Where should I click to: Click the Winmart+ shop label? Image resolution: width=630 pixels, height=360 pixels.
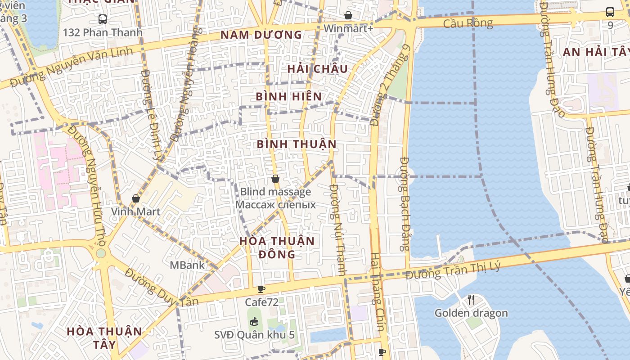click(348, 28)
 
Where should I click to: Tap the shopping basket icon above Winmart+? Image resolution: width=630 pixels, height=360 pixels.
click(348, 15)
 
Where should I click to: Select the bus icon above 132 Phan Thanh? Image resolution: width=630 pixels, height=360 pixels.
click(103, 19)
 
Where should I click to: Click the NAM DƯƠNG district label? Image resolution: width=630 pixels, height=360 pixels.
click(261, 35)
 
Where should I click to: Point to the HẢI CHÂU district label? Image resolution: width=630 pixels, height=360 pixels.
click(318, 69)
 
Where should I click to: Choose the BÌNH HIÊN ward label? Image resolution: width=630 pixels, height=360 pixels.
click(289, 97)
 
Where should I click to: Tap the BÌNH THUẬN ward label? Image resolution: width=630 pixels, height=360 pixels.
click(297, 144)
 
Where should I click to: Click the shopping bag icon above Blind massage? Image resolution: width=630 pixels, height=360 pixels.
click(275, 179)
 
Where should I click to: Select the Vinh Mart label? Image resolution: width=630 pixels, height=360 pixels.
click(136, 211)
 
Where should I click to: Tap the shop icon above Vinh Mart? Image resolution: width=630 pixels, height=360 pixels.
click(136, 198)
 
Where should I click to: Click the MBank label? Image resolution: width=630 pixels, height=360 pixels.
click(187, 265)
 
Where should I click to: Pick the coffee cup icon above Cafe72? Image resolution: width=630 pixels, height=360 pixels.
click(261, 289)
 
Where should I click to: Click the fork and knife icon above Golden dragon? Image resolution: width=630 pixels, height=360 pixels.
click(471, 299)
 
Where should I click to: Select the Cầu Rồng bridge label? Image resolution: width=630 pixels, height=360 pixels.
click(468, 23)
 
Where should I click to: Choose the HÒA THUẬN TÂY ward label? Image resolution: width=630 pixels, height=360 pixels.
click(104, 338)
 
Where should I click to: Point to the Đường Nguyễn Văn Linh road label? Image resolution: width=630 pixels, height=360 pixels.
click(72, 67)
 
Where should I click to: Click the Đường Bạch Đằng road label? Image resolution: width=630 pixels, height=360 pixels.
click(405, 203)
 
